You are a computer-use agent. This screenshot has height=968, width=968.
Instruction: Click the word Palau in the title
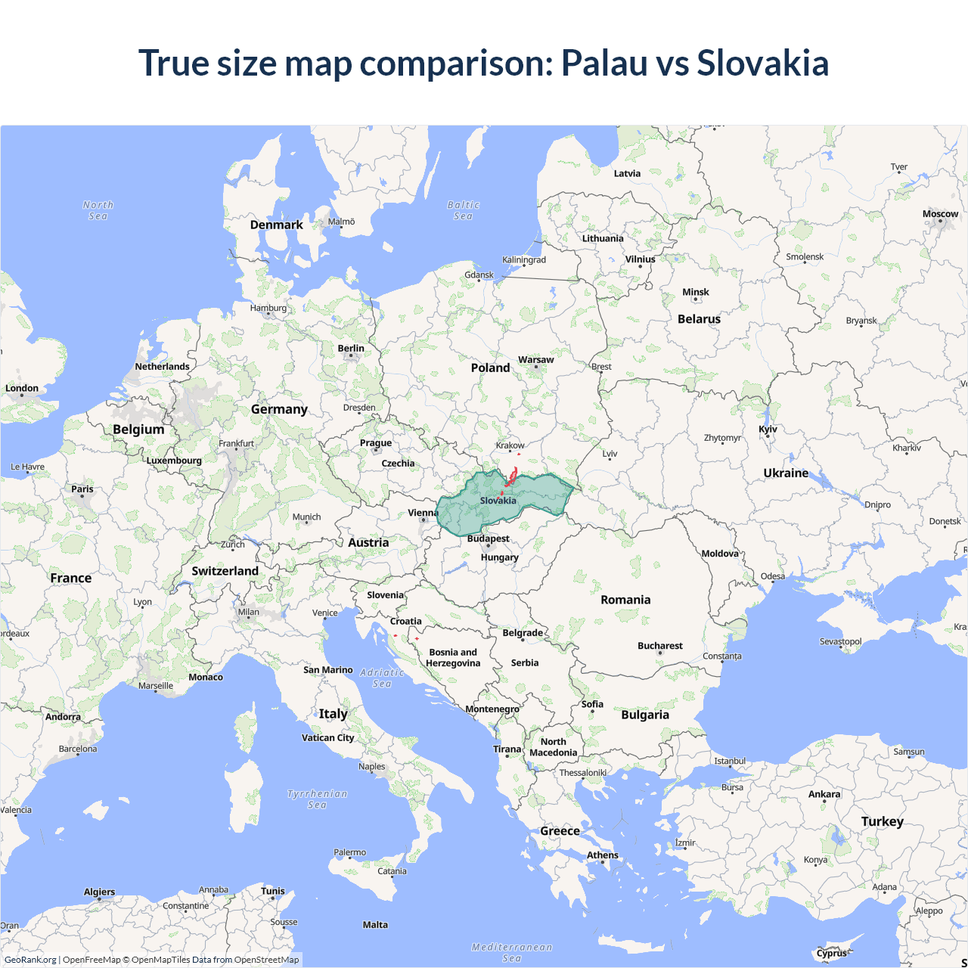tap(603, 63)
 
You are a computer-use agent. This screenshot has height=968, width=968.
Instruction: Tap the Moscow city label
tap(940, 214)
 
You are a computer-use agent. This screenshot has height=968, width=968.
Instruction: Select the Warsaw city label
tap(535, 360)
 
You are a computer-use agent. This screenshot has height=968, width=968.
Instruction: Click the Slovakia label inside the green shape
tap(498, 501)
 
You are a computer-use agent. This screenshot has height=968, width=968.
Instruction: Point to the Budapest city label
tap(488, 539)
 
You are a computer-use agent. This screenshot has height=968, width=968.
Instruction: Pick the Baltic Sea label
tap(463, 210)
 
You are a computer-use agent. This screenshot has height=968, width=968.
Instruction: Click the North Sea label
tap(98, 210)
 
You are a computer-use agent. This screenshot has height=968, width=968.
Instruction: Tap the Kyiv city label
tap(768, 430)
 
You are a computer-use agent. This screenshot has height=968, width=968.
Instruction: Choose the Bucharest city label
tap(659, 646)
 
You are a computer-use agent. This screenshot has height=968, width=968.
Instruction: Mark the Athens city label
tap(602, 855)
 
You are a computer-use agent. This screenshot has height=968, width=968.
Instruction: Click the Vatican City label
tap(327, 738)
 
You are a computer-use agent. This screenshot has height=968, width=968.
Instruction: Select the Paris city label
tap(82, 489)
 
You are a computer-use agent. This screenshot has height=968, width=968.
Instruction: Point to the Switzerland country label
tap(225, 571)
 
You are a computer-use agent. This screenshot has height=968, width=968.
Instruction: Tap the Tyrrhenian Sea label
tap(317, 799)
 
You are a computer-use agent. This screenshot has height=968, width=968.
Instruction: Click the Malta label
tap(375, 925)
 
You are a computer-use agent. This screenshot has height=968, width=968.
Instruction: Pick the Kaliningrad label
tap(523, 260)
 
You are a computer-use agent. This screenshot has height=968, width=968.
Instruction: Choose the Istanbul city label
tap(730, 761)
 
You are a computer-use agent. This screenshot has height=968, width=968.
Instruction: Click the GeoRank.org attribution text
tap(30, 960)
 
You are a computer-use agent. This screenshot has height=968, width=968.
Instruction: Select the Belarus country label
tap(699, 319)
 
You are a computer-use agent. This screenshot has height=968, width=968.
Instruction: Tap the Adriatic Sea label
tap(382, 678)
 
